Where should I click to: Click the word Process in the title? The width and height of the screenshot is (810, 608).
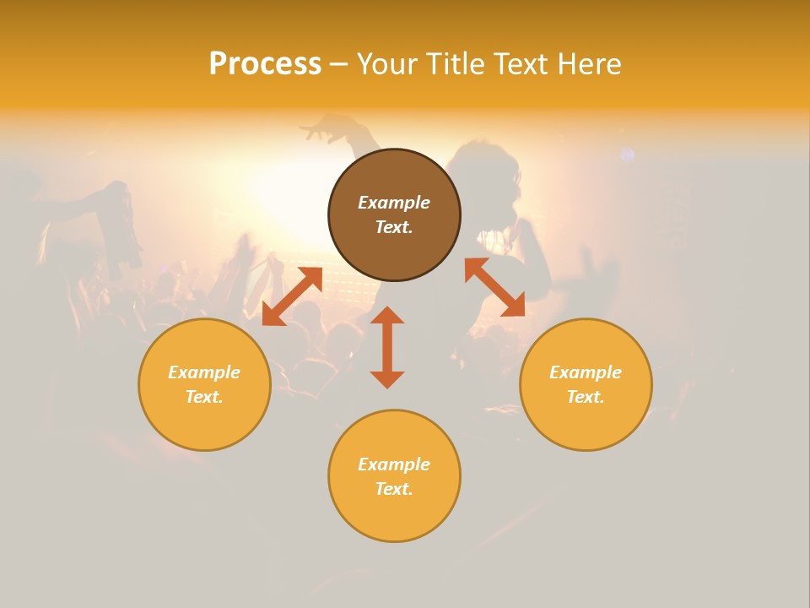point(265,64)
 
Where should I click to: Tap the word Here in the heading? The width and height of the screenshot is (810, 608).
point(588,64)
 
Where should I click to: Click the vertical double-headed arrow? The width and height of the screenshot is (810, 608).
point(387,347)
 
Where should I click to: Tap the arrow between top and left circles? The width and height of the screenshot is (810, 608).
point(292,296)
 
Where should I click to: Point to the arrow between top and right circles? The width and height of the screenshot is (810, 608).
point(494,287)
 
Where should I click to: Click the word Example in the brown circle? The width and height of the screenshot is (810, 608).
point(394,203)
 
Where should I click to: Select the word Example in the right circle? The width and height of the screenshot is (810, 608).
point(586,372)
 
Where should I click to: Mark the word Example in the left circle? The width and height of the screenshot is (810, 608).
point(204,372)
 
